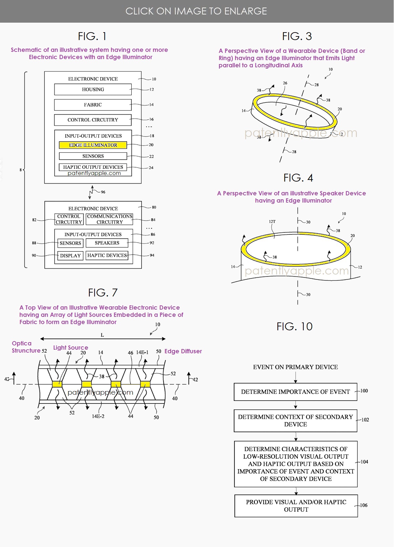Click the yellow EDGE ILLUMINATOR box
pyautogui.click(x=93, y=145)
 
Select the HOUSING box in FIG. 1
pyautogui.click(x=93, y=89)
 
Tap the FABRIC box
pyautogui.click(x=93, y=105)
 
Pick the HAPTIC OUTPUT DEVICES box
pyautogui.click(x=93, y=167)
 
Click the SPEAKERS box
pyautogui.click(x=107, y=243)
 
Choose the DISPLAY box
pyautogui.click(x=70, y=255)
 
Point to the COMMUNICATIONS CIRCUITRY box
pyautogui.click(x=110, y=219)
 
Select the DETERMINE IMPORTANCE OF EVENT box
pyautogui.click(x=295, y=392)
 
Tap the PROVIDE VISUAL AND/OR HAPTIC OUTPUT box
pyautogui.click(x=296, y=506)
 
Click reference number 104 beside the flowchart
pyautogui.click(x=364, y=462)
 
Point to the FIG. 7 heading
pyautogui.click(x=103, y=293)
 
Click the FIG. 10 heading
pyautogui.click(x=295, y=326)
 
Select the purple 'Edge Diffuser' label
pyautogui.click(x=183, y=351)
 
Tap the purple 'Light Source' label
pyautogui.click(x=71, y=347)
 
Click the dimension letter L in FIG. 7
pyautogui.click(x=102, y=335)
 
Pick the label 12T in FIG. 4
pyautogui.click(x=272, y=222)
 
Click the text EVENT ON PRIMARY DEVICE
pyautogui.click(x=295, y=367)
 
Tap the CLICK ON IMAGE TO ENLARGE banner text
pyautogui.click(x=196, y=11)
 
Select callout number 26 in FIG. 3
pyautogui.click(x=285, y=83)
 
